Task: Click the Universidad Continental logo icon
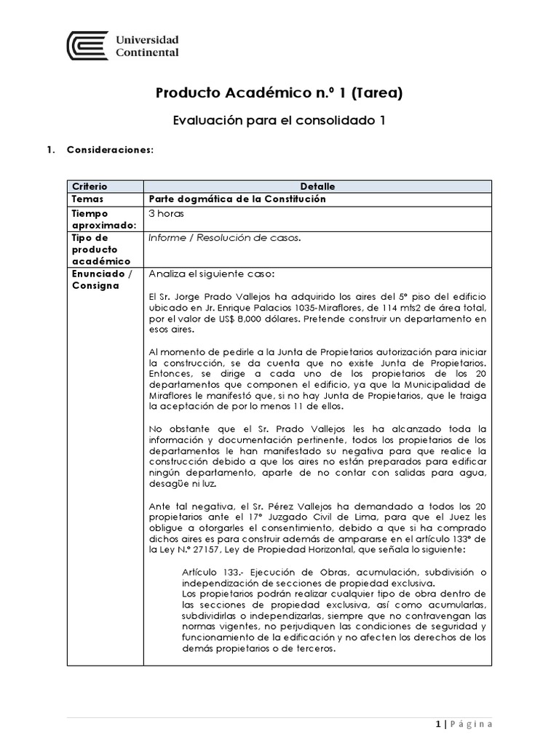pos(88,46)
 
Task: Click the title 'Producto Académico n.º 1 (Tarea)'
pos(279,92)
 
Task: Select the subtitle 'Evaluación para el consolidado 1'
pos(279,121)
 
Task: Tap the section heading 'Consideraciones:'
pos(110,150)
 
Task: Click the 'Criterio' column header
pos(90,187)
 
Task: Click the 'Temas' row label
pos(88,199)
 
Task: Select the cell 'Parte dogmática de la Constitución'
pos(237,199)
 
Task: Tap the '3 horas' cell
pos(167,214)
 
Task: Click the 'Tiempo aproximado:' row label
pos(99,220)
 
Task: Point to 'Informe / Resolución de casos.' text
pos(224,238)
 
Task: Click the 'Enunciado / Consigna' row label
pos(101,280)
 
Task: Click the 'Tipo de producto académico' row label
pos(100,250)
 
